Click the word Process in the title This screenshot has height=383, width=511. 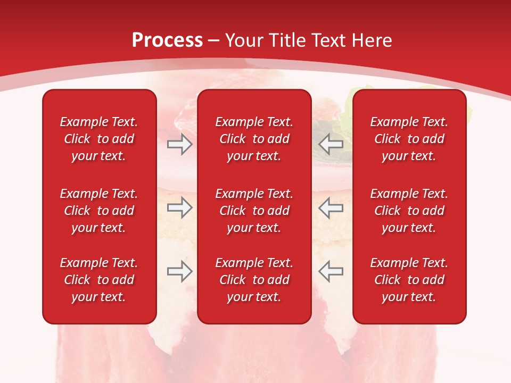pos(167,40)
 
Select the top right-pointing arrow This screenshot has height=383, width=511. pos(179,144)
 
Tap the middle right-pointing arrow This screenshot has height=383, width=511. pos(179,207)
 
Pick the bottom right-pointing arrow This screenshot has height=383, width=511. pos(179,271)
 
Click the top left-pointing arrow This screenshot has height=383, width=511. pos(331,144)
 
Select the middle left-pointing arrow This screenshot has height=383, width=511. pos(331,207)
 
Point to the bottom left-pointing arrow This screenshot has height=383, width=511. pos(331,271)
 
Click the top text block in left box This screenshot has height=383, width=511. pos(99,139)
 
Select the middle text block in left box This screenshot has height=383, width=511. pos(99,211)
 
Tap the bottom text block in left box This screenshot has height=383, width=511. pos(99,280)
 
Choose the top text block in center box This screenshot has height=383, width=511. pos(254,139)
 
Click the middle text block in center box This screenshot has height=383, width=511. pos(254,211)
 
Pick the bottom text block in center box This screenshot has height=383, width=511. pos(254,280)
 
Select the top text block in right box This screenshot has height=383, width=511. pos(409,139)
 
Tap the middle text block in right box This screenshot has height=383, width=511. pos(409,211)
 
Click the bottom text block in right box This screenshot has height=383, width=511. pos(409,280)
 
